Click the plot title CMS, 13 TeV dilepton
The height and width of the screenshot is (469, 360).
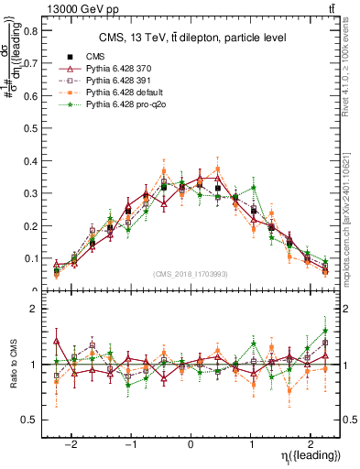click(x=191, y=38)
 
